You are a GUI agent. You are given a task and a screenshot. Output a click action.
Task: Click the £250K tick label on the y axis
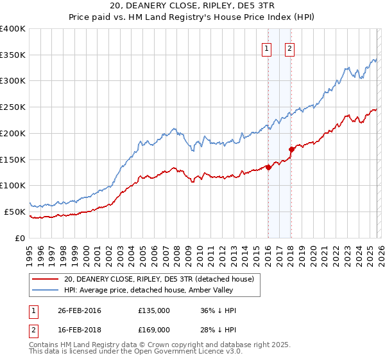(13, 107)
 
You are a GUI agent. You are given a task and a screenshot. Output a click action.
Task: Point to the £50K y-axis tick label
(15, 212)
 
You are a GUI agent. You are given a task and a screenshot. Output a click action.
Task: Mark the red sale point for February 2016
(268, 167)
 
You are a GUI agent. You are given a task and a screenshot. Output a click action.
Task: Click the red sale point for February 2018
(291, 149)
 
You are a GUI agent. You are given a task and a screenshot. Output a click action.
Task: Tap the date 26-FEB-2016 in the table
(80, 310)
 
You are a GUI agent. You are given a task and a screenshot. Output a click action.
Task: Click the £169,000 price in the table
(153, 329)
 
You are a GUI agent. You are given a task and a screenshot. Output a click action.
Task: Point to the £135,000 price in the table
(153, 310)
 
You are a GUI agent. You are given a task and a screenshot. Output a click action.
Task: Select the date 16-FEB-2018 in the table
(80, 329)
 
